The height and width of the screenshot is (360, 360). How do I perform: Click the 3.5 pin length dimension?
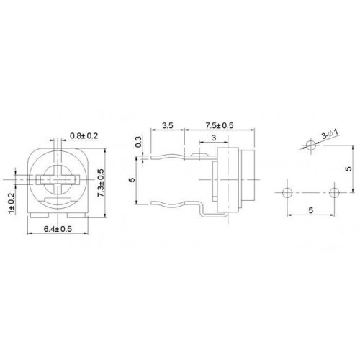168,125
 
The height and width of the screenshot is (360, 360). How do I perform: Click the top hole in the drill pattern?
310,146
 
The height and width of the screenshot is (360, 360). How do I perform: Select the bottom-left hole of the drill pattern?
286,193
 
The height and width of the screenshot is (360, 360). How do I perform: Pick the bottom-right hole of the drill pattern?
333,193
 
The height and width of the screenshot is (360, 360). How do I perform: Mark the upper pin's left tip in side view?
152,153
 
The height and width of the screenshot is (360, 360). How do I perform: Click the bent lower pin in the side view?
180,205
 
